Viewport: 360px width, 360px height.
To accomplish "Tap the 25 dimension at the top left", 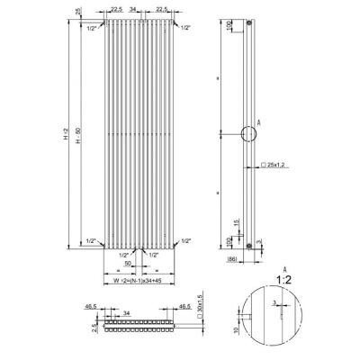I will (x=79, y=11).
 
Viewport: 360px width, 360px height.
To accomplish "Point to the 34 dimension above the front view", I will (x=133, y=8).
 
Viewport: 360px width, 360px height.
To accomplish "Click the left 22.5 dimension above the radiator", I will (x=116, y=8).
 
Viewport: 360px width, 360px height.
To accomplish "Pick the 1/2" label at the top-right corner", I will (x=184, y=28).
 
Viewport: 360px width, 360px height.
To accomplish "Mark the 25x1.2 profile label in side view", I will (x=274, y=166).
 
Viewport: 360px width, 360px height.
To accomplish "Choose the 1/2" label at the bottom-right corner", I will (x=184, y=241).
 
